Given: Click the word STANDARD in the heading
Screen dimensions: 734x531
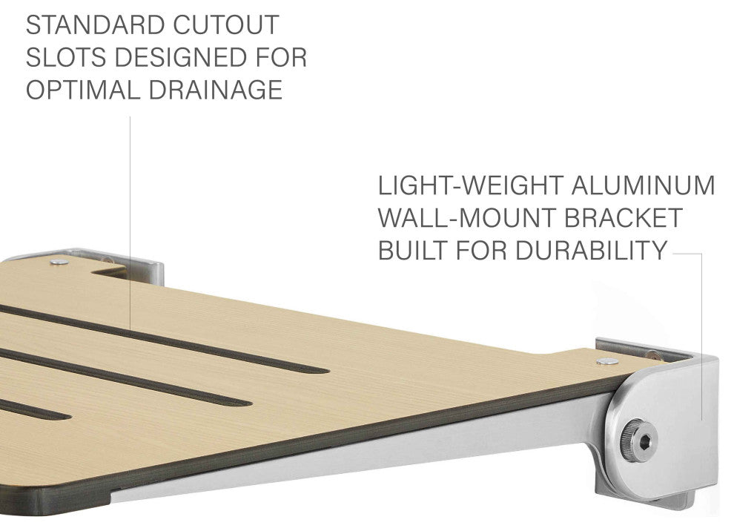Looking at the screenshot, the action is (89, 25).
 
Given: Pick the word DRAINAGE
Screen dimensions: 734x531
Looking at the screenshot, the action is (216, 90).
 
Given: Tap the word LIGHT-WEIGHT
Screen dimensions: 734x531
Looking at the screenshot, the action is (471, 185).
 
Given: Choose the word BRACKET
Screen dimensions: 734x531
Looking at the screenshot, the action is (623, 218).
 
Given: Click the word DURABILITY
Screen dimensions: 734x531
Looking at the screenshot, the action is (591, 250).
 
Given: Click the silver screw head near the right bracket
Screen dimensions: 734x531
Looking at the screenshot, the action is (608, 361).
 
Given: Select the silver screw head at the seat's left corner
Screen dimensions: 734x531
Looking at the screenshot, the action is (59, 262).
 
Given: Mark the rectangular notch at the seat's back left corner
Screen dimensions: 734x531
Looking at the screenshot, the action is (109, 271).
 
